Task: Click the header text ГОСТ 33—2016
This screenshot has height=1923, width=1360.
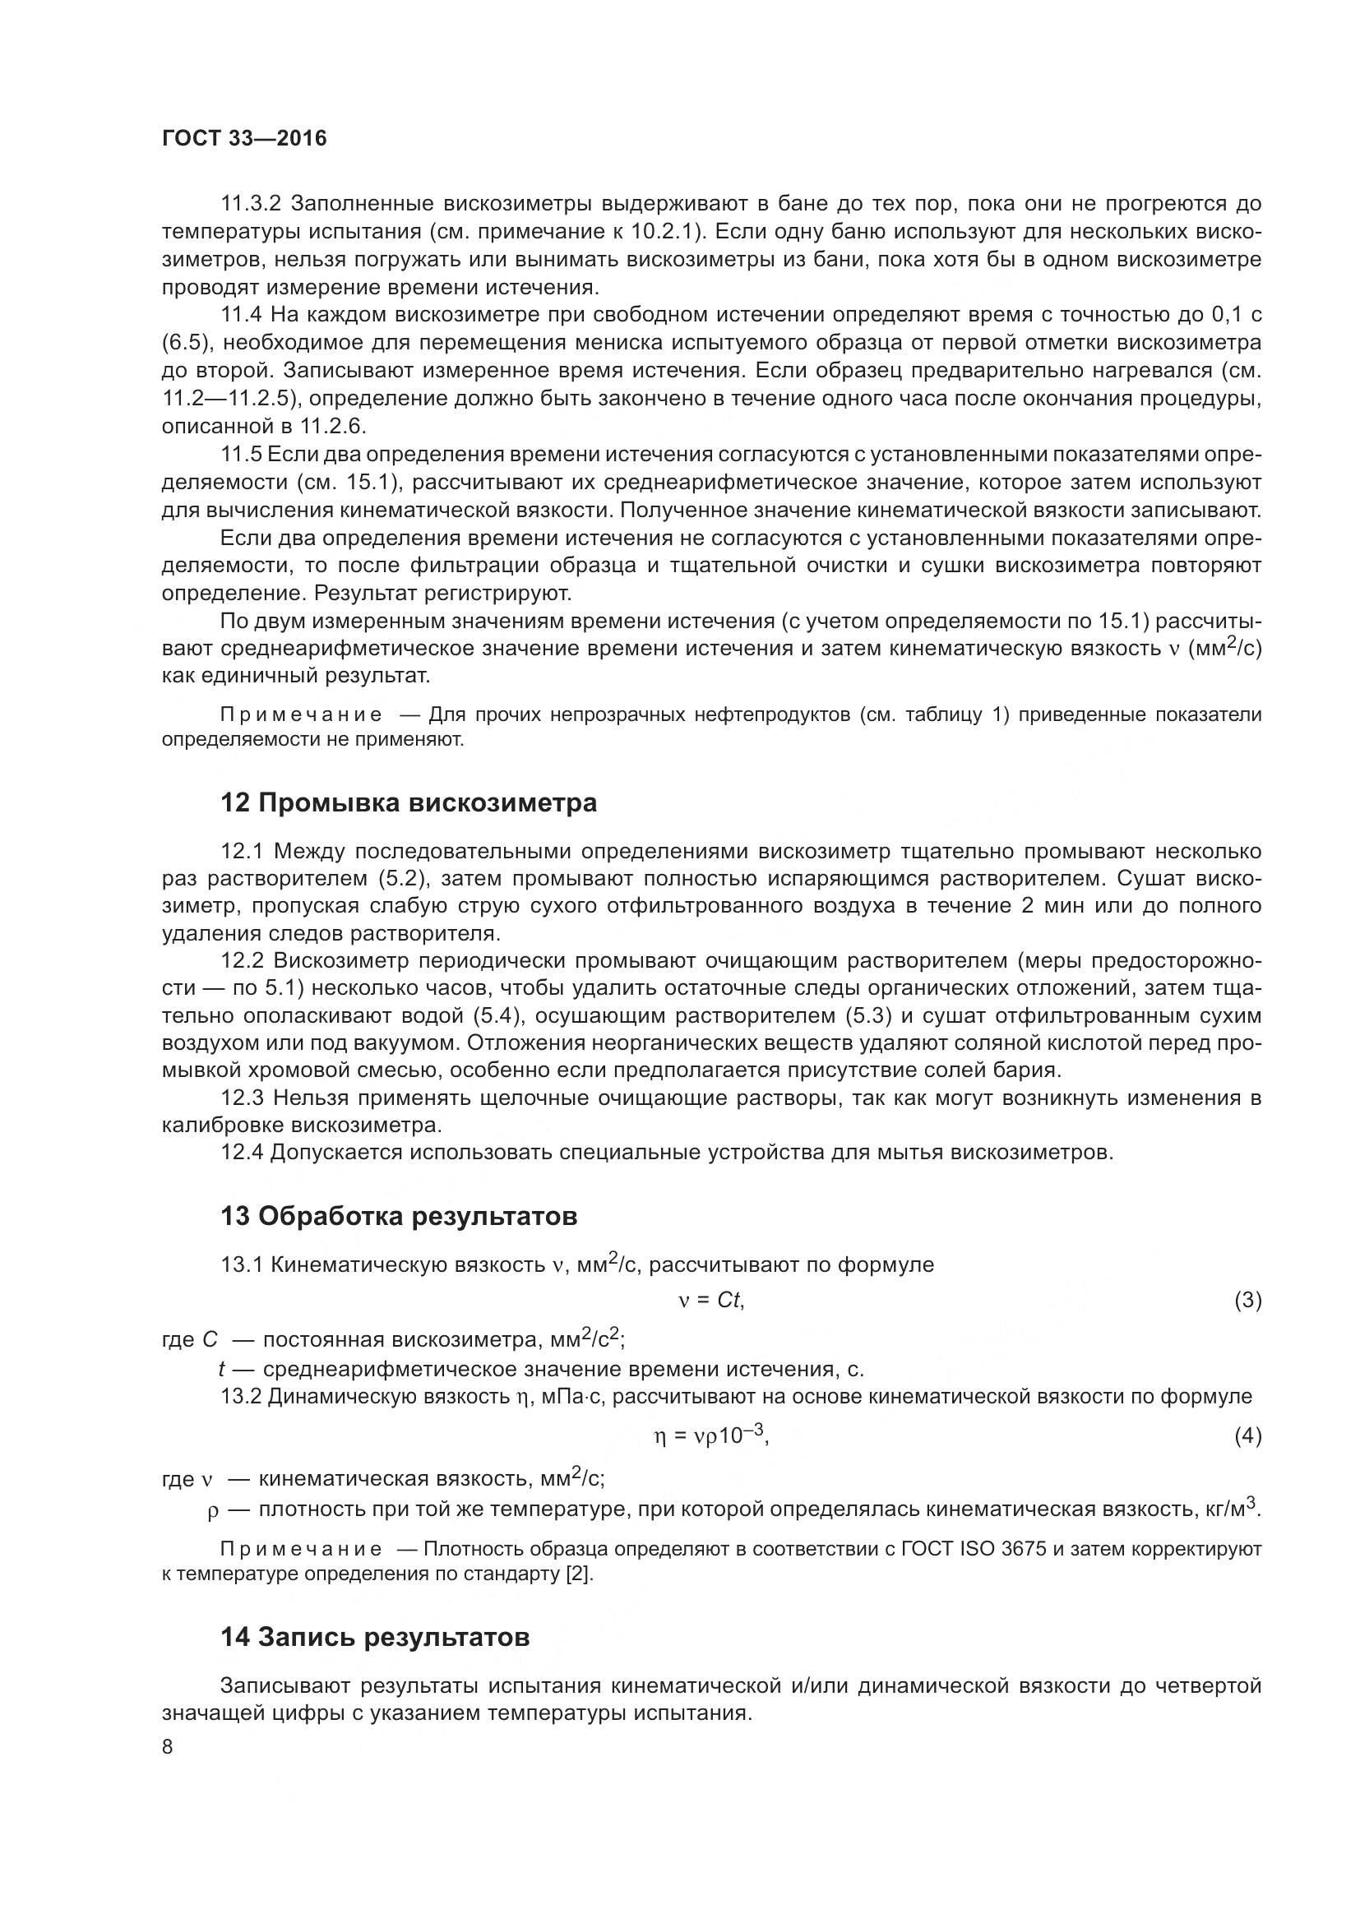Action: [x=243, y=139]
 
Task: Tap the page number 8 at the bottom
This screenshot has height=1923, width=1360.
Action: [x=168, y=1746]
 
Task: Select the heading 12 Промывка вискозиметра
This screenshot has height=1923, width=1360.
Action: [x=409, y=802]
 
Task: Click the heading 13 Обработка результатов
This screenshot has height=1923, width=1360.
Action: [x=399, y=1215]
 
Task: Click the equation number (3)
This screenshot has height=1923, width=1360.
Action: [x=1248, y=1301]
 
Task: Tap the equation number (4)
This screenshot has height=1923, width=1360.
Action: [x=1248, y=1436]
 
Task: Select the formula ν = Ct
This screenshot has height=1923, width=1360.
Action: [x=711, y=1300]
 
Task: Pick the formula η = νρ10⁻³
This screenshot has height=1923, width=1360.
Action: [x=710, y=1435]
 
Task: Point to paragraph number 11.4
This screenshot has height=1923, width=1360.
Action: [x=241, y=315]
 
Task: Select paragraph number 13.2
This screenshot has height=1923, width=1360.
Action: [x=242, y=1396]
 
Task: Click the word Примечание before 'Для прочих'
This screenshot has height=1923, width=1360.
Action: [x=302, y=714]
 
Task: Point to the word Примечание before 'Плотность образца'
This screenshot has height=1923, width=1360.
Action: [x=302, y=1549]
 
